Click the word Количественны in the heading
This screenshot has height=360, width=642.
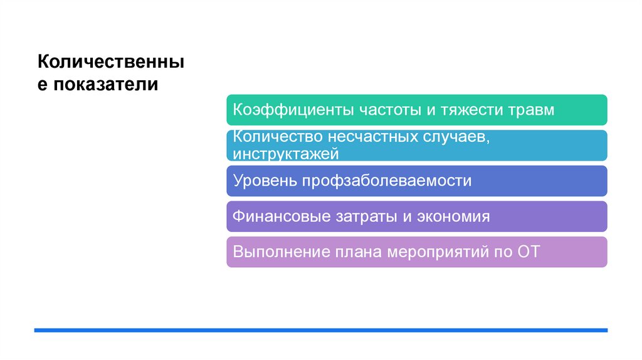coord(111,63)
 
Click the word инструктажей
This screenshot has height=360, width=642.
coord(286,153)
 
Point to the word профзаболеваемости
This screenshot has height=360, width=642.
coord(387,181)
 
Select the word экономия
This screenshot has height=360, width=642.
coord(452,217)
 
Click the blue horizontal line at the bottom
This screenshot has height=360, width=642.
coord(320,330)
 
